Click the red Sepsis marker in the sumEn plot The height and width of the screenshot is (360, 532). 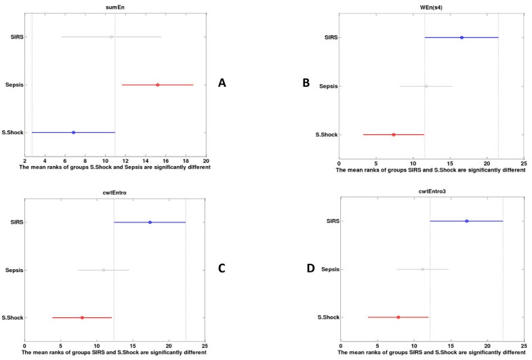(x=157, y=85)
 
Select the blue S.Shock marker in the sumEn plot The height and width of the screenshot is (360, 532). (x=73, y=132)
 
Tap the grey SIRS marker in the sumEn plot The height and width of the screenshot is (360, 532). (x=111, y=37)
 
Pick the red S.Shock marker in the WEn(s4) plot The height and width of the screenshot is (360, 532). (x=393, y=134)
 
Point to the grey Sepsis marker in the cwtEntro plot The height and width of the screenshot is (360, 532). (x=104, y=270)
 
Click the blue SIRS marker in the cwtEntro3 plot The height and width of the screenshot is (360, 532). (x=466, y=221)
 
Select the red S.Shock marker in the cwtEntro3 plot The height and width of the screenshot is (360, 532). (x=398, y=317)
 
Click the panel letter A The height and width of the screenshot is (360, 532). (x=221, y=83)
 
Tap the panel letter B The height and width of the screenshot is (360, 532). (x=306, y=83)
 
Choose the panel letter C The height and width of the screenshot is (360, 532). (x=221, y=268)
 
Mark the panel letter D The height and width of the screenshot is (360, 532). (x=311, y=268)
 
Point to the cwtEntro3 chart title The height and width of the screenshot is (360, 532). (x=432, y=191)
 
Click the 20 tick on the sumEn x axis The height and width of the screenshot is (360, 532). (x=206, y=161)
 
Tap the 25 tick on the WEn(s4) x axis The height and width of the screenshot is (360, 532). (x=523, y=163)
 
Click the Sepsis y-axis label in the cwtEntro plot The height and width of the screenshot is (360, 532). (x=14, y=270)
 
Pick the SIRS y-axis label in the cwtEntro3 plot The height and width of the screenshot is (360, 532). (x=330, y=221)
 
